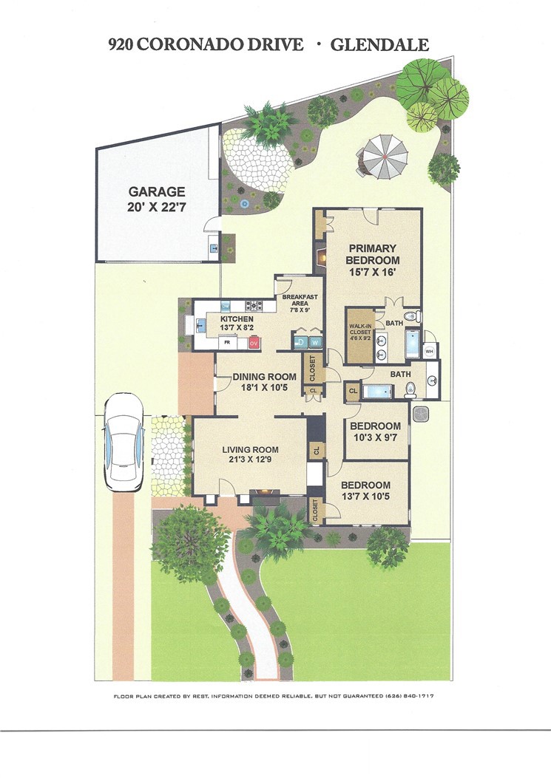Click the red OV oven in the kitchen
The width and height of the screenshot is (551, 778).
point(254,343)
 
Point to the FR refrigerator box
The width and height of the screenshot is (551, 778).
point(228,343)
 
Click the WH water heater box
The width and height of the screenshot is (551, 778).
point(430,351)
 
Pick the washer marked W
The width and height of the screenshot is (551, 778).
point(315,342)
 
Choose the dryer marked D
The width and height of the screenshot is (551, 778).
point(301,342)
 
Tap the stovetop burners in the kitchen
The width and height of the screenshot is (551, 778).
point(255,304)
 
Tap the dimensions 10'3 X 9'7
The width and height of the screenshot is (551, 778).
point(375,438)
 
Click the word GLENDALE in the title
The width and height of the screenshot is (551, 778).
point(379,45)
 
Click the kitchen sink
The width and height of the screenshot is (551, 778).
point(199,324)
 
